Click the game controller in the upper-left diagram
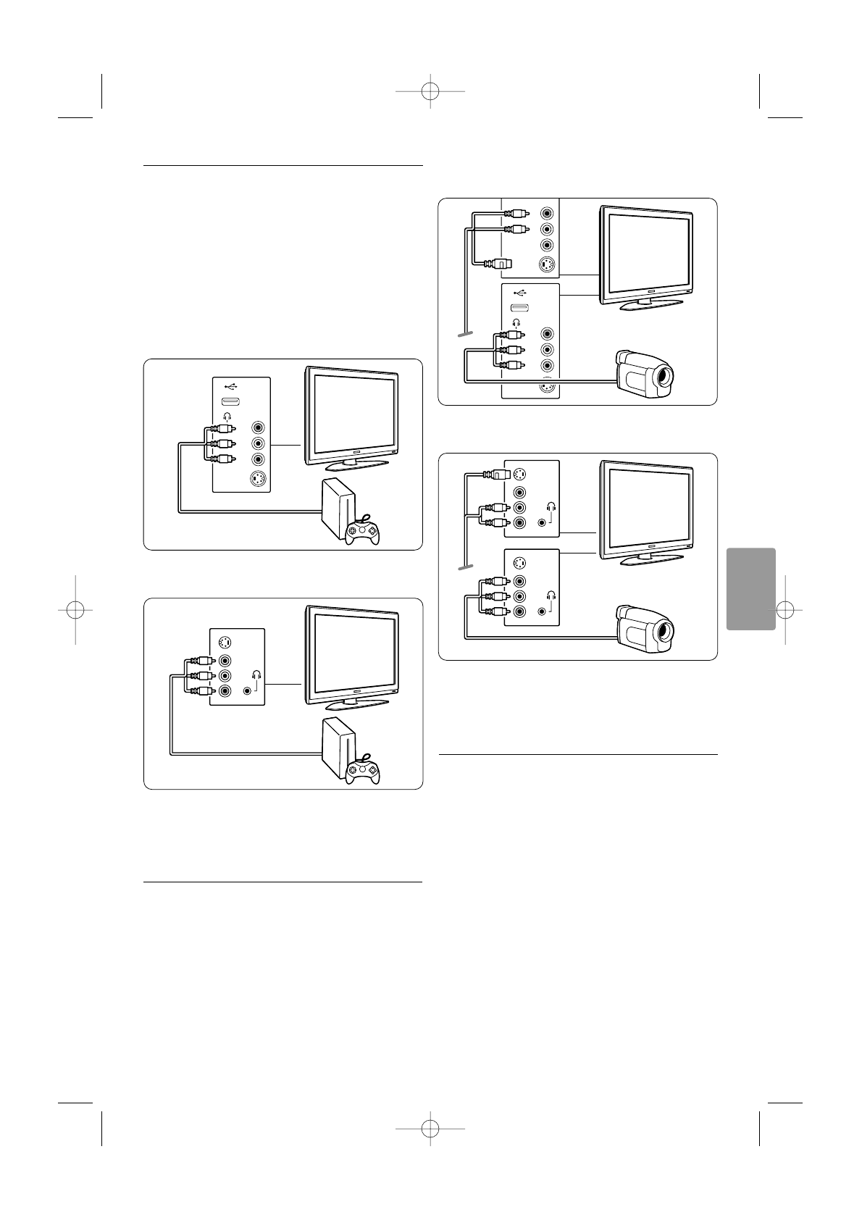[x=362, y=532]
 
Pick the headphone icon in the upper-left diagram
[x=228, y=416]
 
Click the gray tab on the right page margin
[x=749, y=589]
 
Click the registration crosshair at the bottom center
[x=430, y=1128]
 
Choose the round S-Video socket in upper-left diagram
[x=257, y=479]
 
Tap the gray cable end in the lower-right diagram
[x=464, y=566]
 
